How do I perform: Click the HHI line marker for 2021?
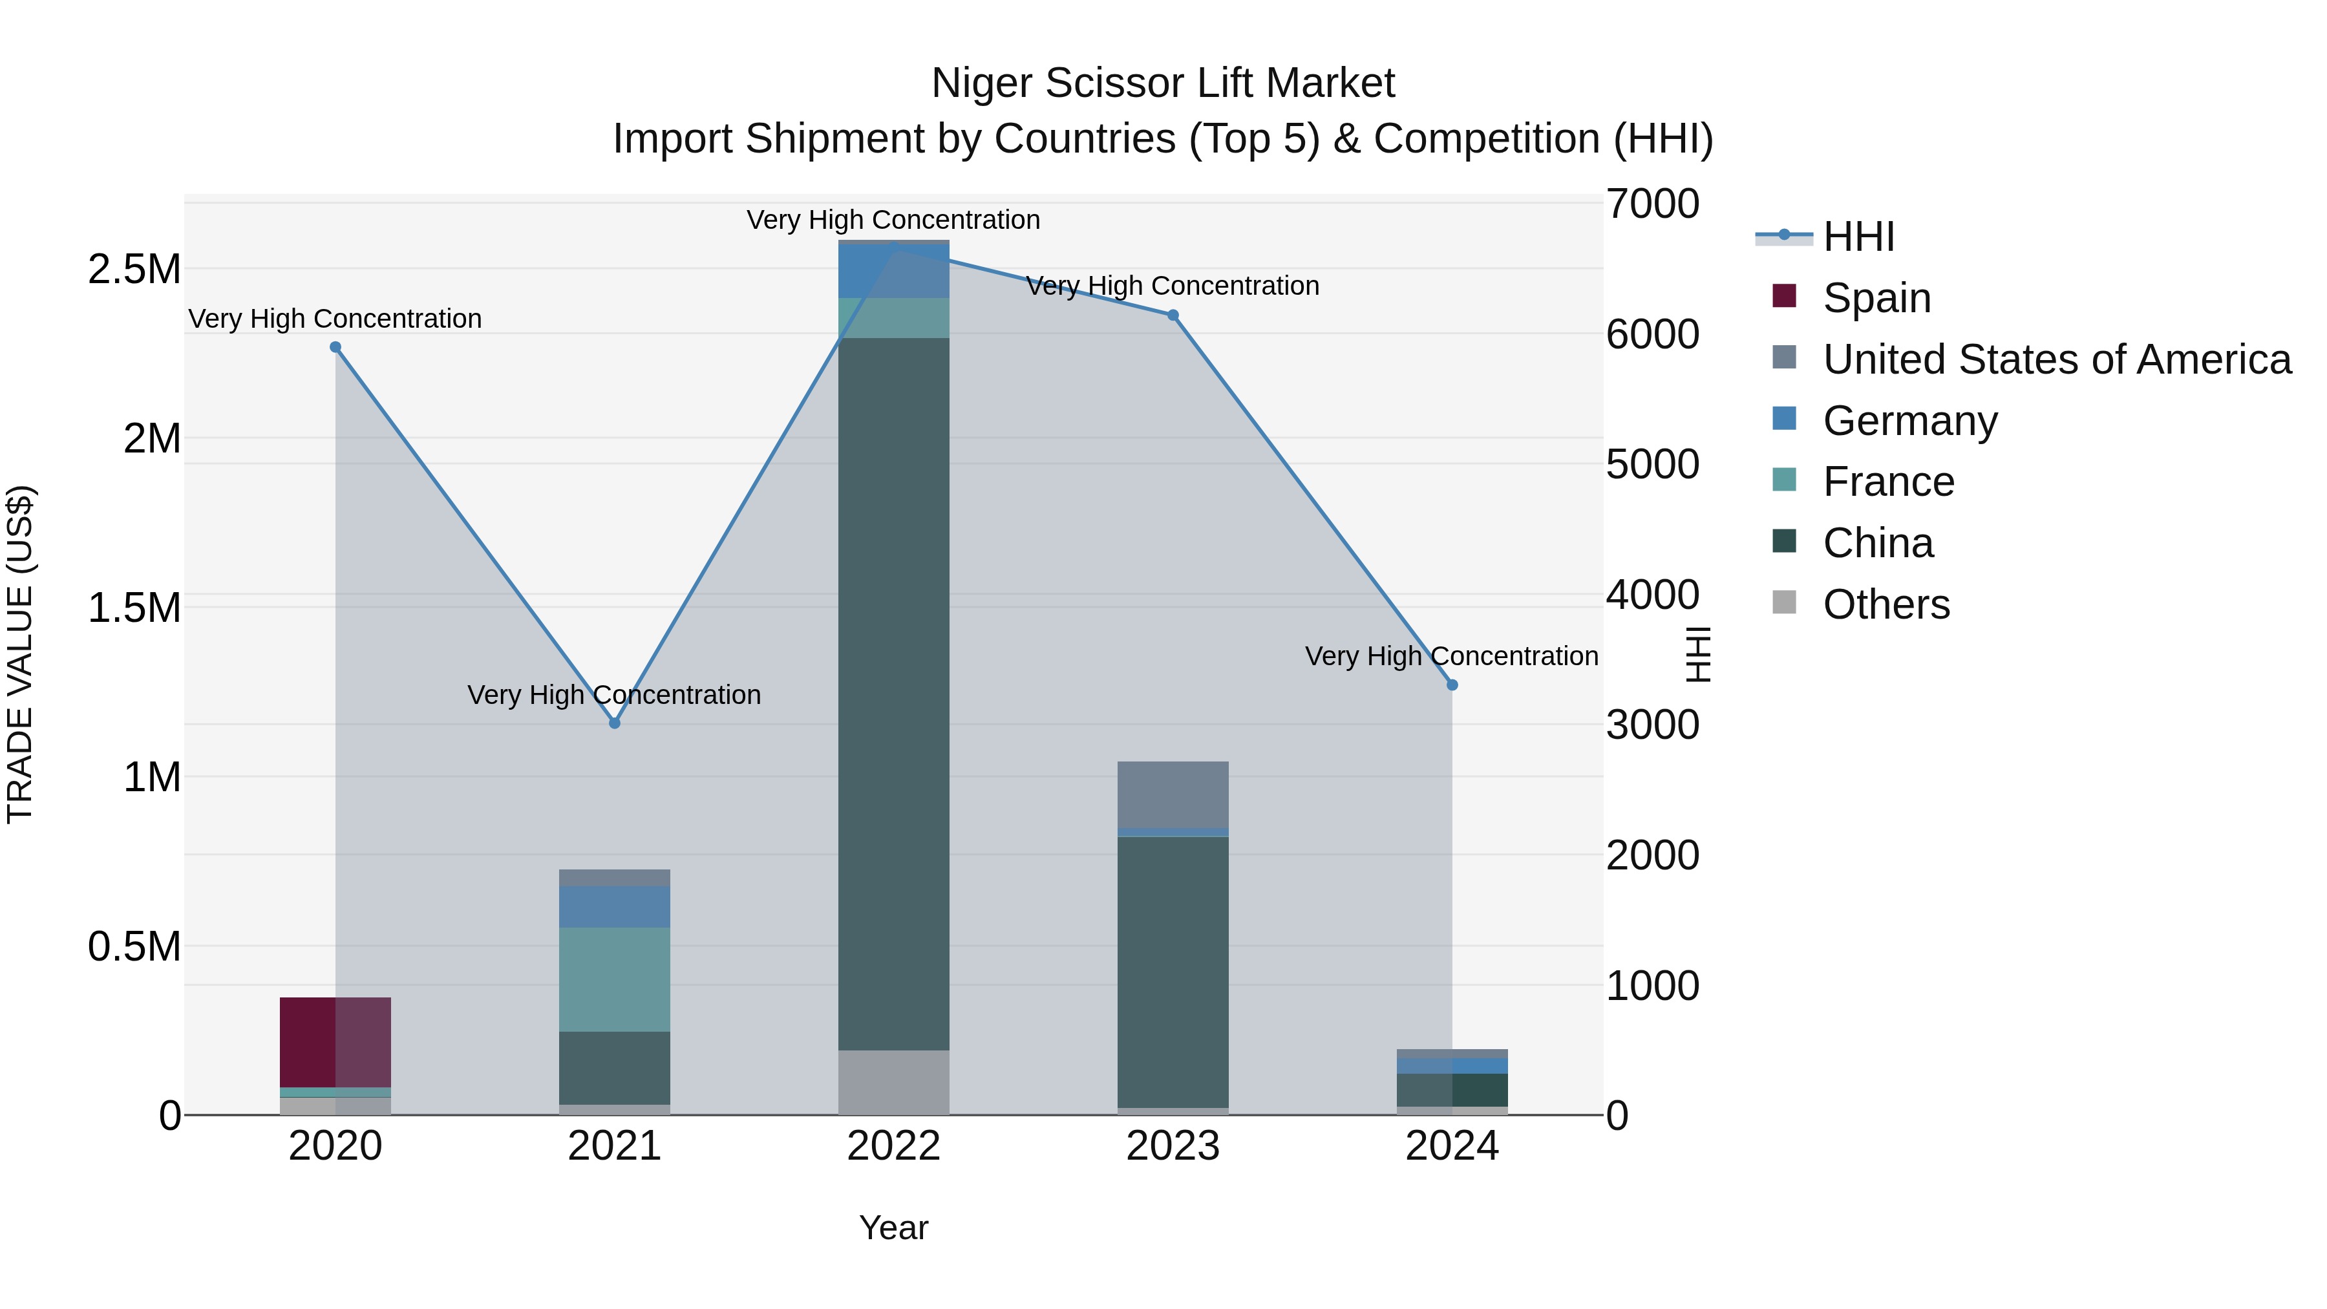[614, 723]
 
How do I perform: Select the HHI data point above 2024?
[1452, 685]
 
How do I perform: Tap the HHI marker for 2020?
[335, 347]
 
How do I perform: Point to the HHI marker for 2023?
[1173, 315]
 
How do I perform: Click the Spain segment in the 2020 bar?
[335, 1041]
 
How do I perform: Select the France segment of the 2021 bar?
[614, 979]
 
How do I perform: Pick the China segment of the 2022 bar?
[893, 694]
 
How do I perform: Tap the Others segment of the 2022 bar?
[893, 1081]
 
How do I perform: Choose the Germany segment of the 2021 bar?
[614, 906]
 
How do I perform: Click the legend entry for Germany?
[1909, 420]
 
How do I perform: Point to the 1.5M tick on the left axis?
[134, 607]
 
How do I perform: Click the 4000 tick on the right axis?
[1652, 595]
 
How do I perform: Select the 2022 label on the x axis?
[893, 1146]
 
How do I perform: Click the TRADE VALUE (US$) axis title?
[20, 654]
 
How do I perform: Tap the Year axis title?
[893, 1228]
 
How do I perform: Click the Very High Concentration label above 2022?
[893, 220]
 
